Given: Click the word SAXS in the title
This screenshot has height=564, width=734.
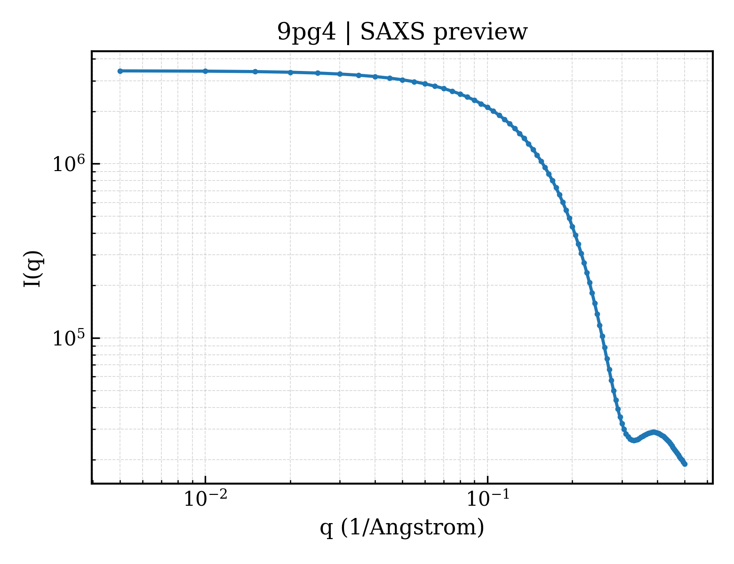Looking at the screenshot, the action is (x=392, y=32).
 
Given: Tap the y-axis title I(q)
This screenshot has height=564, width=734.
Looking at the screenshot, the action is (x=33, y=269).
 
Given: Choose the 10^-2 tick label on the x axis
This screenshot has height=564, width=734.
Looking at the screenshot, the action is (x=205, y=499).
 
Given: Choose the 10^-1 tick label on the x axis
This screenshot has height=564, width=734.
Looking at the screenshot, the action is (x=487, y=499).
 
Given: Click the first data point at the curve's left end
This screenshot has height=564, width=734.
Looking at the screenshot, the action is (x=120, y=71).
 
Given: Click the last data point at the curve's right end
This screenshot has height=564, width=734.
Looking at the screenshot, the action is (x=685, y=464).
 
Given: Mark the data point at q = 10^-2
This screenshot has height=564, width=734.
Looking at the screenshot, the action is (x=205, y=71).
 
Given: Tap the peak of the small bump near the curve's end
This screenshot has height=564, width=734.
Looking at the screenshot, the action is (x=654, y=432).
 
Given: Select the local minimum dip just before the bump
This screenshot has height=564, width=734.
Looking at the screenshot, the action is (x=634, y=440).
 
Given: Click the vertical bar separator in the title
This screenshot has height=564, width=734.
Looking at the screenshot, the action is (x=348, y=33).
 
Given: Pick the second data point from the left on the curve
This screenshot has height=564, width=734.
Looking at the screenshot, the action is (x=205, y=71).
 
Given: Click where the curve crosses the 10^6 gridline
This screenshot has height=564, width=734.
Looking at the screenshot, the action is (x=543, y=164).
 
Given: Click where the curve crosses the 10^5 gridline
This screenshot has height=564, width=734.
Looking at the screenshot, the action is (x=602, y=337).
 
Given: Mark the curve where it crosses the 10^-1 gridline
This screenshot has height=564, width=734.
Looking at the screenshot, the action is (x=487, y=107).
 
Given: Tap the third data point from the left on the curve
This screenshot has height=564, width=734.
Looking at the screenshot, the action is (x=255, y=71).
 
